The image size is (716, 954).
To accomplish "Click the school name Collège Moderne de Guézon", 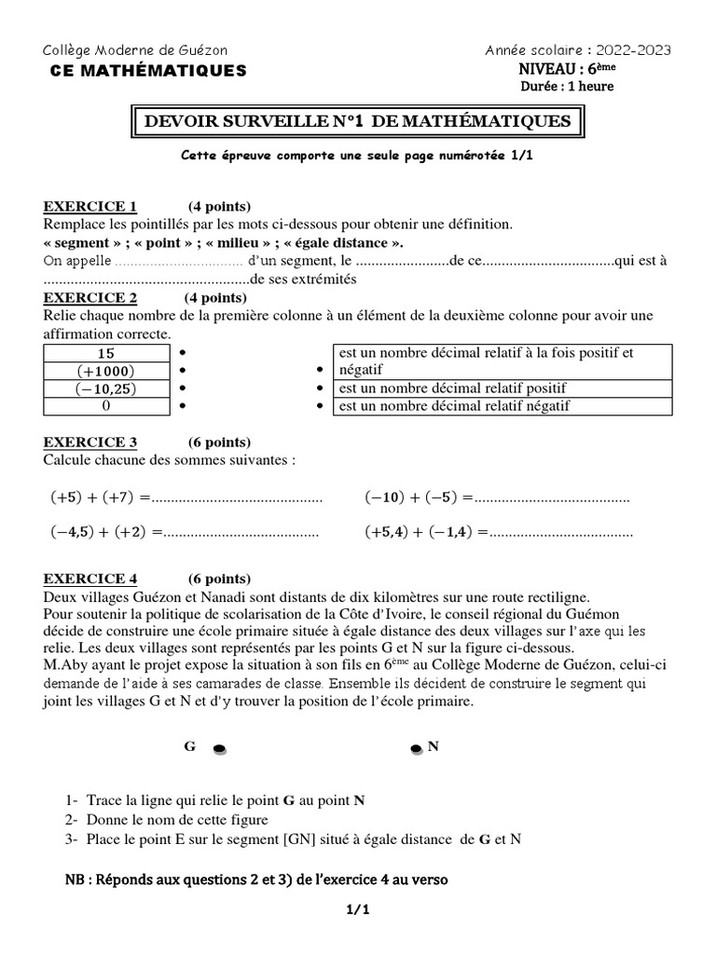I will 135,50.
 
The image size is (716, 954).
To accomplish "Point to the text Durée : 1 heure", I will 567,87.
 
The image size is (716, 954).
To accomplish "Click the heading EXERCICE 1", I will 90,206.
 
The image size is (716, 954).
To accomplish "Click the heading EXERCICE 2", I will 90,297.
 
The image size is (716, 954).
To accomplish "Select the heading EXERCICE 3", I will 90,442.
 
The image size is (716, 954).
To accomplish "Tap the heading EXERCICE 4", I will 90,578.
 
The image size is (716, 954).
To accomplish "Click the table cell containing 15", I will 105,353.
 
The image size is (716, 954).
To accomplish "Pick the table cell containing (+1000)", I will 105,370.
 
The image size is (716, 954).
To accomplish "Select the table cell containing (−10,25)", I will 105,388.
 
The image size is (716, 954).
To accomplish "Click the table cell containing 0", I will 105,405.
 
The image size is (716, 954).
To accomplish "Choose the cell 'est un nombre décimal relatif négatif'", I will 502,405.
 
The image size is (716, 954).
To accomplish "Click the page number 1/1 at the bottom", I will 358,910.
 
